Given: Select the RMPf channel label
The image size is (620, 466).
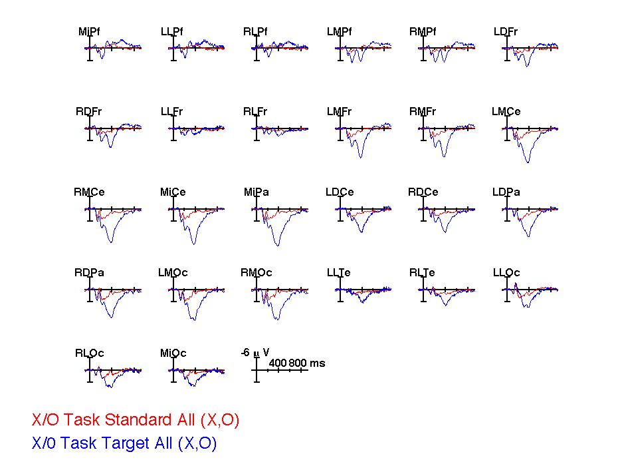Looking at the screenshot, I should pyautogui.click(x=423, y=31).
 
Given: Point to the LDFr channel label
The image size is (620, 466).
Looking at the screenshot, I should pyautogui.click(x=506, y=31).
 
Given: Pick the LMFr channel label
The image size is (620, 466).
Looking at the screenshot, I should pyautogui.click(x=339, y=112).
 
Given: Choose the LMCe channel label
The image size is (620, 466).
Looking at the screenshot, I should pyautogui.click(x=506, y=112).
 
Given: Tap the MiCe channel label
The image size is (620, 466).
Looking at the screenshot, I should pyautogui.click(x=173, y=192).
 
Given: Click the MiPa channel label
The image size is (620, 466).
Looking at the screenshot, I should pyautogui.click(x=257, y=192).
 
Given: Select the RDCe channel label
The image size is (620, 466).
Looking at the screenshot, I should pyautogui.click(x=423, y=192).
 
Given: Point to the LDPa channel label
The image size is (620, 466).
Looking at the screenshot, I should pyautogui.click(x=506, y=192).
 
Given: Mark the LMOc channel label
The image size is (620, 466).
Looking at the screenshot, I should pyautogui.click(x=173, y=273).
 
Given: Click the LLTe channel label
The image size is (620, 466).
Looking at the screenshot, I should pyautogui.click(x=339, y=273).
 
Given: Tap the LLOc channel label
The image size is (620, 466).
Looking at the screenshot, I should pyautogui.click(x=506, y=273).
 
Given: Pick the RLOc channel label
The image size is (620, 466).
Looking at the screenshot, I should pyautogui.click(x=90, y=353).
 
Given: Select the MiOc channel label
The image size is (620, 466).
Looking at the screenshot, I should pyautogui.click(x=173, y=353).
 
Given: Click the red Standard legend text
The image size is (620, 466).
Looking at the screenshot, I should pyautogui.click(x=136, y=420).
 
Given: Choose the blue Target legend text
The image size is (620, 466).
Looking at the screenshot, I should pyautogui.click(x=124, y=443).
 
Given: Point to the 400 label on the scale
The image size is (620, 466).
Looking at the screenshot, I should pyautogui.click(x=277, y=363).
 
